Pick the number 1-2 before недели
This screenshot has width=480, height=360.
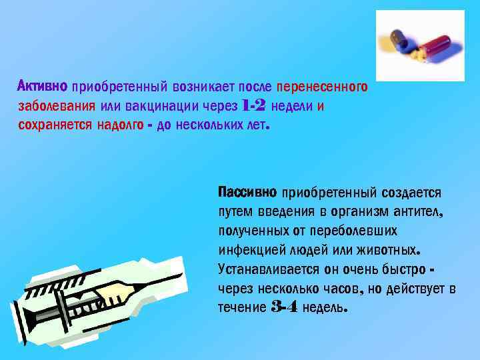click(254, 105)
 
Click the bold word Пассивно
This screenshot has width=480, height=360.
click(247, 192)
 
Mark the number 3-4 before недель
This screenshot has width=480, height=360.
click(285, 307)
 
